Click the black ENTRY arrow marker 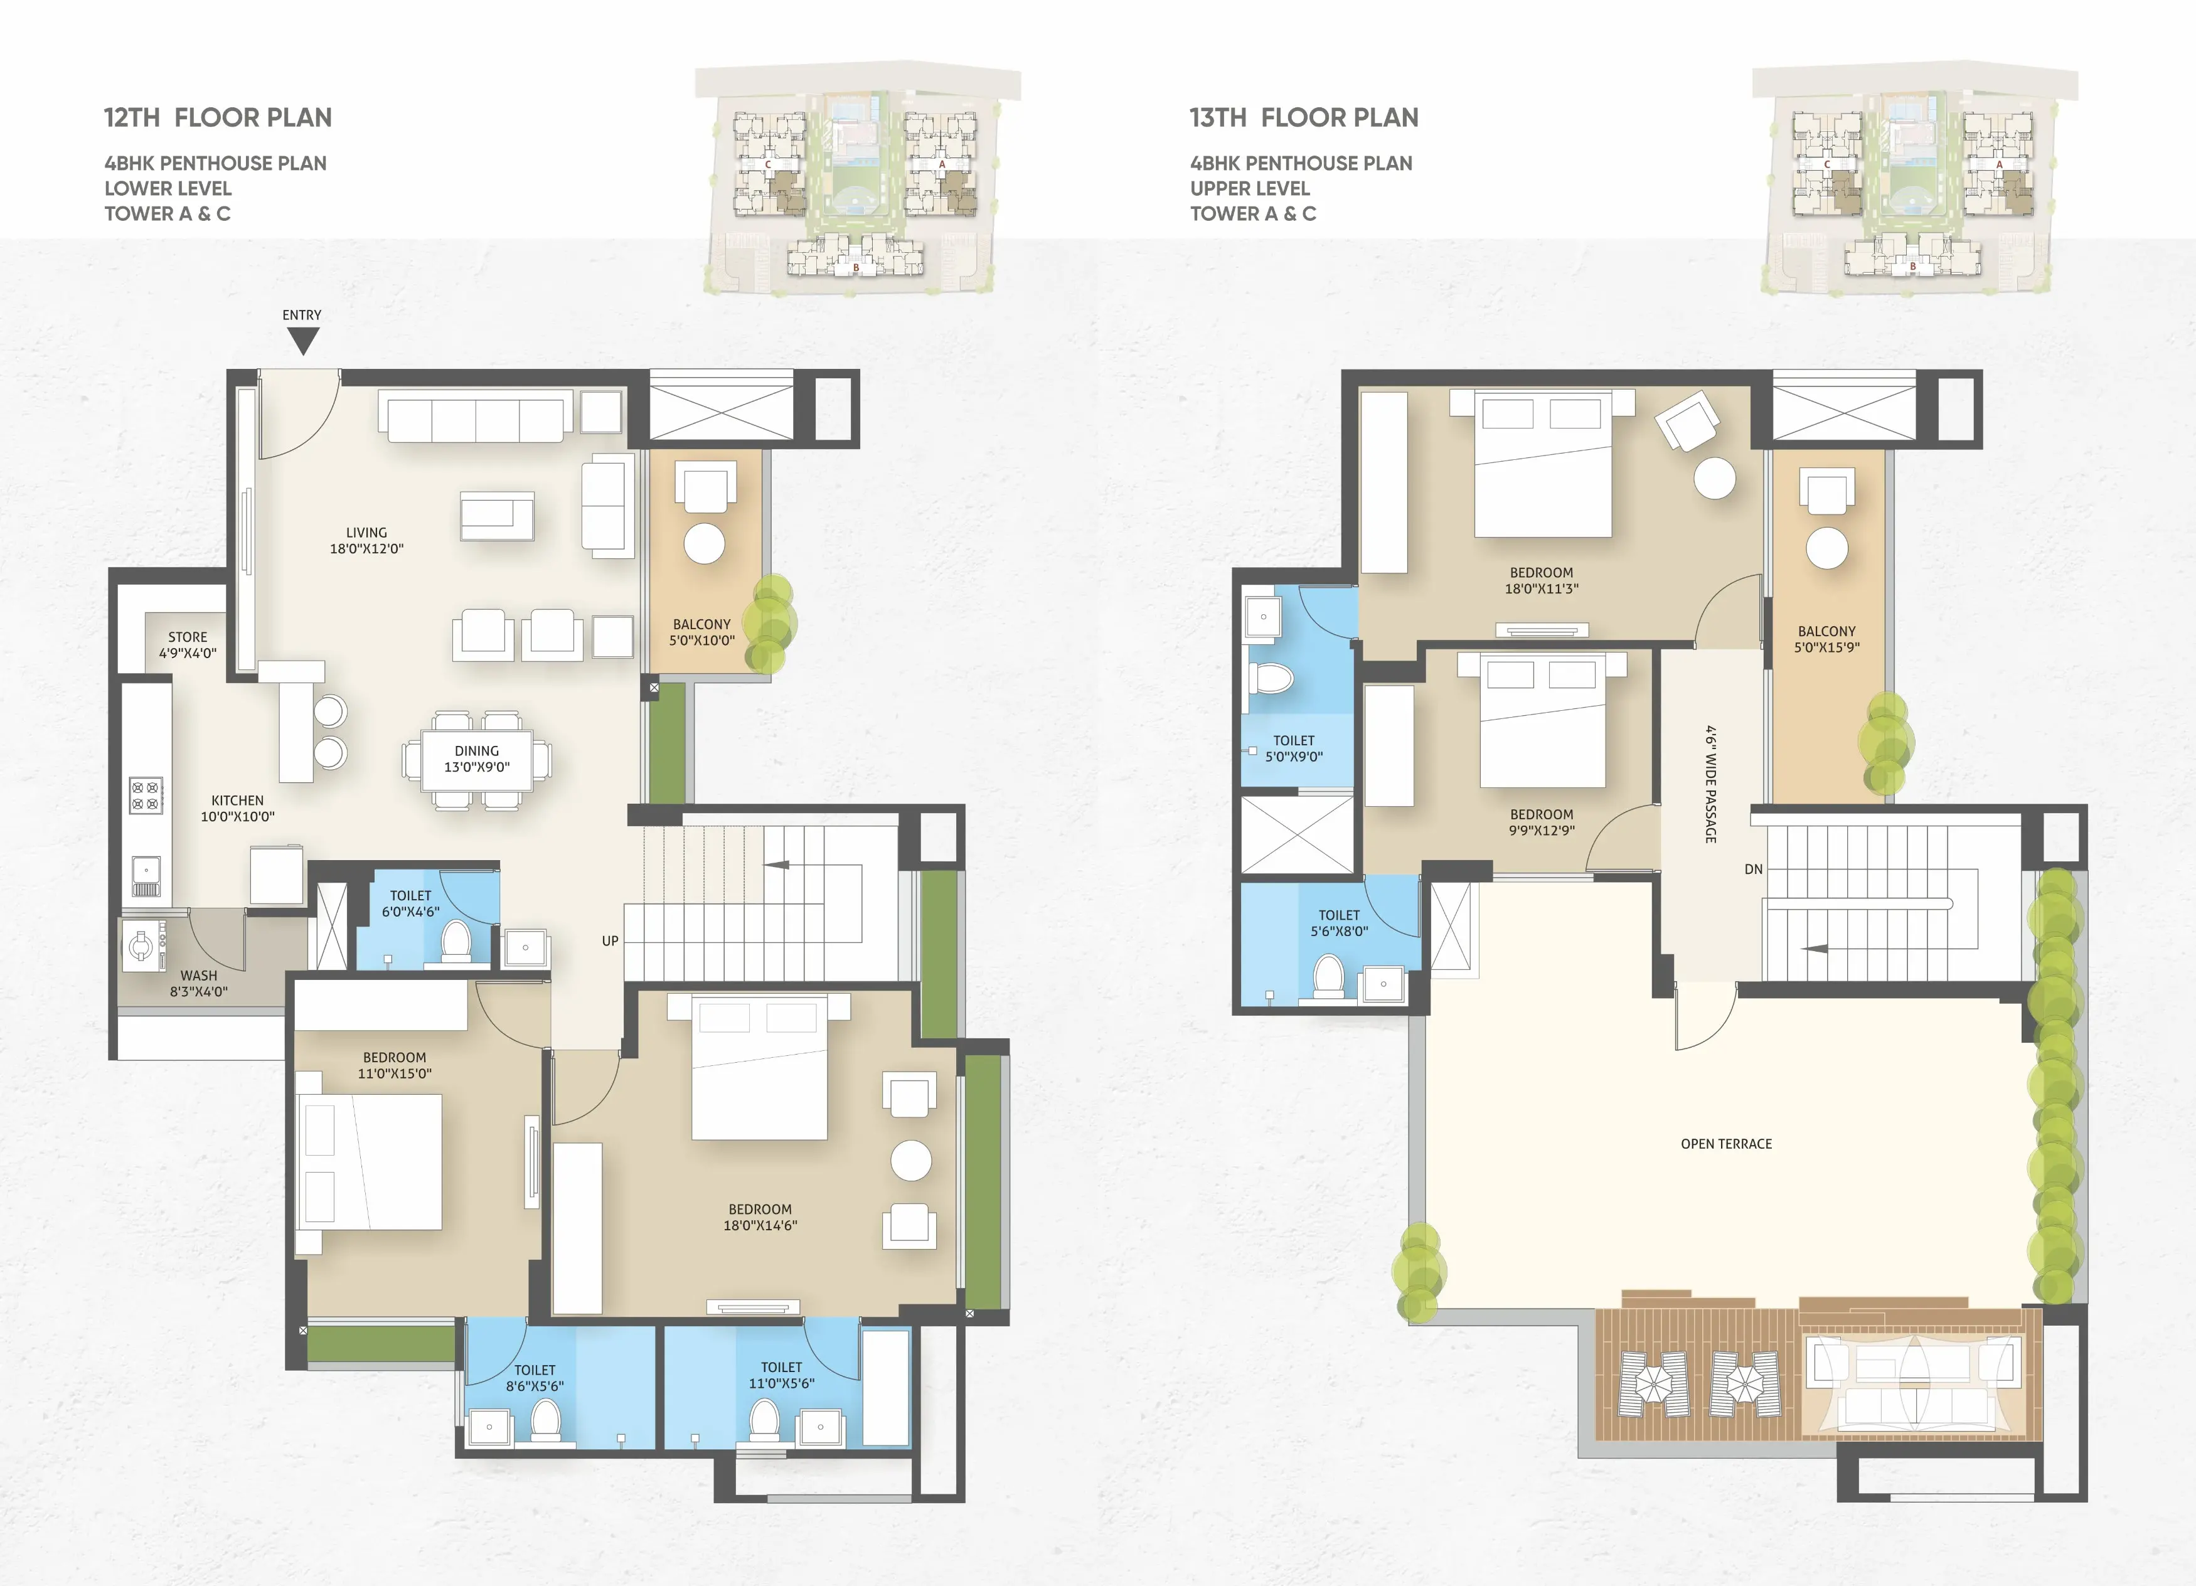pos(303,341)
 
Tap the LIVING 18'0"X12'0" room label pos(367,540)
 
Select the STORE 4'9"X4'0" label pos(188,645)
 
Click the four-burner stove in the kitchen pos(146,795)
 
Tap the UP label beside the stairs pos(610,941)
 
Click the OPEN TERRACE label pos(1727,1144)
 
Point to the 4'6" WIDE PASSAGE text pos(1711,784)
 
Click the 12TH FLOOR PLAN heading pos(218,118)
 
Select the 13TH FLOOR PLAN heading pos(1304,118)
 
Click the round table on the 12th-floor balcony pos(704,544)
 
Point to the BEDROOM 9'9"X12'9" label pos(1542,822)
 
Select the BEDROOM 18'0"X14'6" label pos(760,1217)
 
